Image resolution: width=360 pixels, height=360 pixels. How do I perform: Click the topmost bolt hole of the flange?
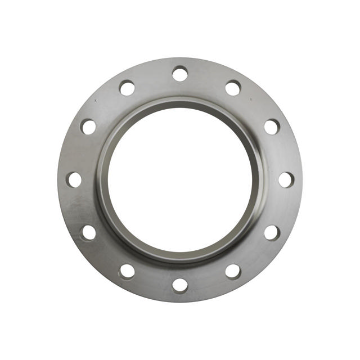pyautogui.click(x=180, y=74)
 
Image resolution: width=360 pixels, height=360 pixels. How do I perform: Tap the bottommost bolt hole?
pyautogui.click(x=180, y=285)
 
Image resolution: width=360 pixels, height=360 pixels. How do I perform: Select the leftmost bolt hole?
pyautogui.click(x=74, y=179)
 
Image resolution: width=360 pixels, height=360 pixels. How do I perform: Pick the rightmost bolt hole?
pyautogui.click(x=286, y=179)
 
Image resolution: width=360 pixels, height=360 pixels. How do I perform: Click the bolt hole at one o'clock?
pyautogui.click(x=233, y=88)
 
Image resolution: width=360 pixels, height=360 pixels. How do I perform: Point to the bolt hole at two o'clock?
pyautogui.click(x=272, y=127)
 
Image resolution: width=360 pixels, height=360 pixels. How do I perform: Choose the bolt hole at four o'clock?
pyautogui.click(x=272, y=232)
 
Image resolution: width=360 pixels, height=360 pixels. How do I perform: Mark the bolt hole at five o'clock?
pyautogui.click(x=233, y=271)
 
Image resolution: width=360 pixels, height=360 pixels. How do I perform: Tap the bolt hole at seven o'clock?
pyautogui.click(x=127, y=271)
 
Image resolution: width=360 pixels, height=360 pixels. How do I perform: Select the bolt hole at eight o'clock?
pyautogui.click(x=88, y=232)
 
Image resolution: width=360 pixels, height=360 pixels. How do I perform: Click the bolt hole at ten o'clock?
pyautogui.click(x=88, y=127)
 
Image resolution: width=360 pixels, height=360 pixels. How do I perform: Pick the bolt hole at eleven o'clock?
pyautogui.click(x=127, y=88)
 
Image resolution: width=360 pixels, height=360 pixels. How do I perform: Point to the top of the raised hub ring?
pyautogui.click(x=180, y=101)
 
